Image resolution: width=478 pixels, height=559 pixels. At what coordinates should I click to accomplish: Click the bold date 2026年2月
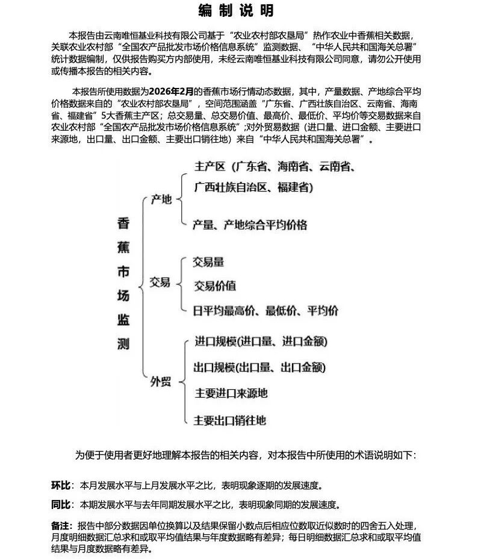(x=172, y=92)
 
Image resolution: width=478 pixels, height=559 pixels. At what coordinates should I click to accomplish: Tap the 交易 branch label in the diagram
(x=160, y=282)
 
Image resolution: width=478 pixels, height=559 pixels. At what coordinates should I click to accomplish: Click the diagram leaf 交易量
(x=208, y=263)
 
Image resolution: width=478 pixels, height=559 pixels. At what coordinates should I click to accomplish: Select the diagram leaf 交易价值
(x=214, y=286)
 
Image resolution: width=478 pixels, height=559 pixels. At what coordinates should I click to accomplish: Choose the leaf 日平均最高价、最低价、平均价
(x=265, y=311)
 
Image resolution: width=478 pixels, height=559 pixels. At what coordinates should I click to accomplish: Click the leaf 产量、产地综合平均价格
(x=250, y=225)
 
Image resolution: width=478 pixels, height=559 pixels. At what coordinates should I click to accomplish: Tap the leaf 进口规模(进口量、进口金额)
(x=261, y=342)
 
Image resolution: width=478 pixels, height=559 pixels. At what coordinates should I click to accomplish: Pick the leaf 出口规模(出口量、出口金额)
(x=261, y=368)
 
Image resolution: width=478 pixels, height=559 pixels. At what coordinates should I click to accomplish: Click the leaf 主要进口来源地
(x=231, y=394)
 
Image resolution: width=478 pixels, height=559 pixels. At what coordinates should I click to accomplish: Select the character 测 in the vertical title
(x=123, y=344)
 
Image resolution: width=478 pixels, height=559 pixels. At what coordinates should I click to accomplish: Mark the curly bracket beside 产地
(x=182, y=199)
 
